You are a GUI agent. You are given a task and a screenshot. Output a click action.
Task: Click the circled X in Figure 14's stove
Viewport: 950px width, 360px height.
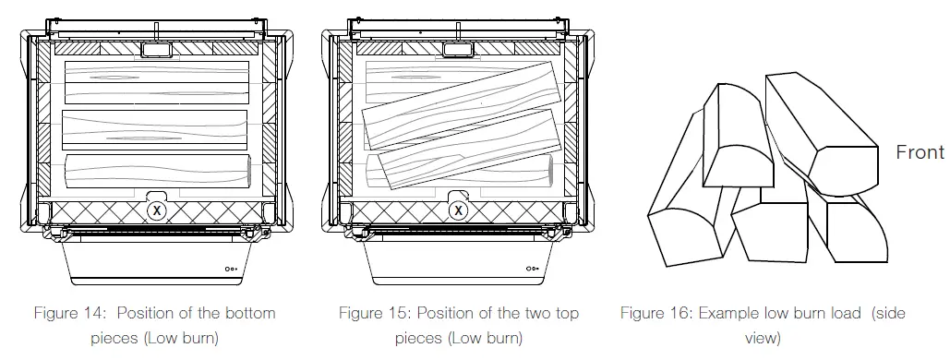pyautogui.click(x=157, y=210)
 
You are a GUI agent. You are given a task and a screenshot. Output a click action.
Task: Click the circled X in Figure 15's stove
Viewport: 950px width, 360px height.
pyautogui.click(x=456, y=210)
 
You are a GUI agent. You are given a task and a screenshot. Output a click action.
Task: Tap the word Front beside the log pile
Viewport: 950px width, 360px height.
pyautogui.click(x=920, y=153)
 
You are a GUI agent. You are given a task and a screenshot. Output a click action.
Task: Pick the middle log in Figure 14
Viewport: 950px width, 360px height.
pyautogui.click(x=154, y=130)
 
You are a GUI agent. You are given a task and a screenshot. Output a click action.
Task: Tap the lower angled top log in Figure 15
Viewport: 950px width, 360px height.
pyautogui.click(x=466, y=150)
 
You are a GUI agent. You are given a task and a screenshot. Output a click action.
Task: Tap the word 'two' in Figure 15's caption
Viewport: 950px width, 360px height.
pyautogui.click(x=529, y=314)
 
